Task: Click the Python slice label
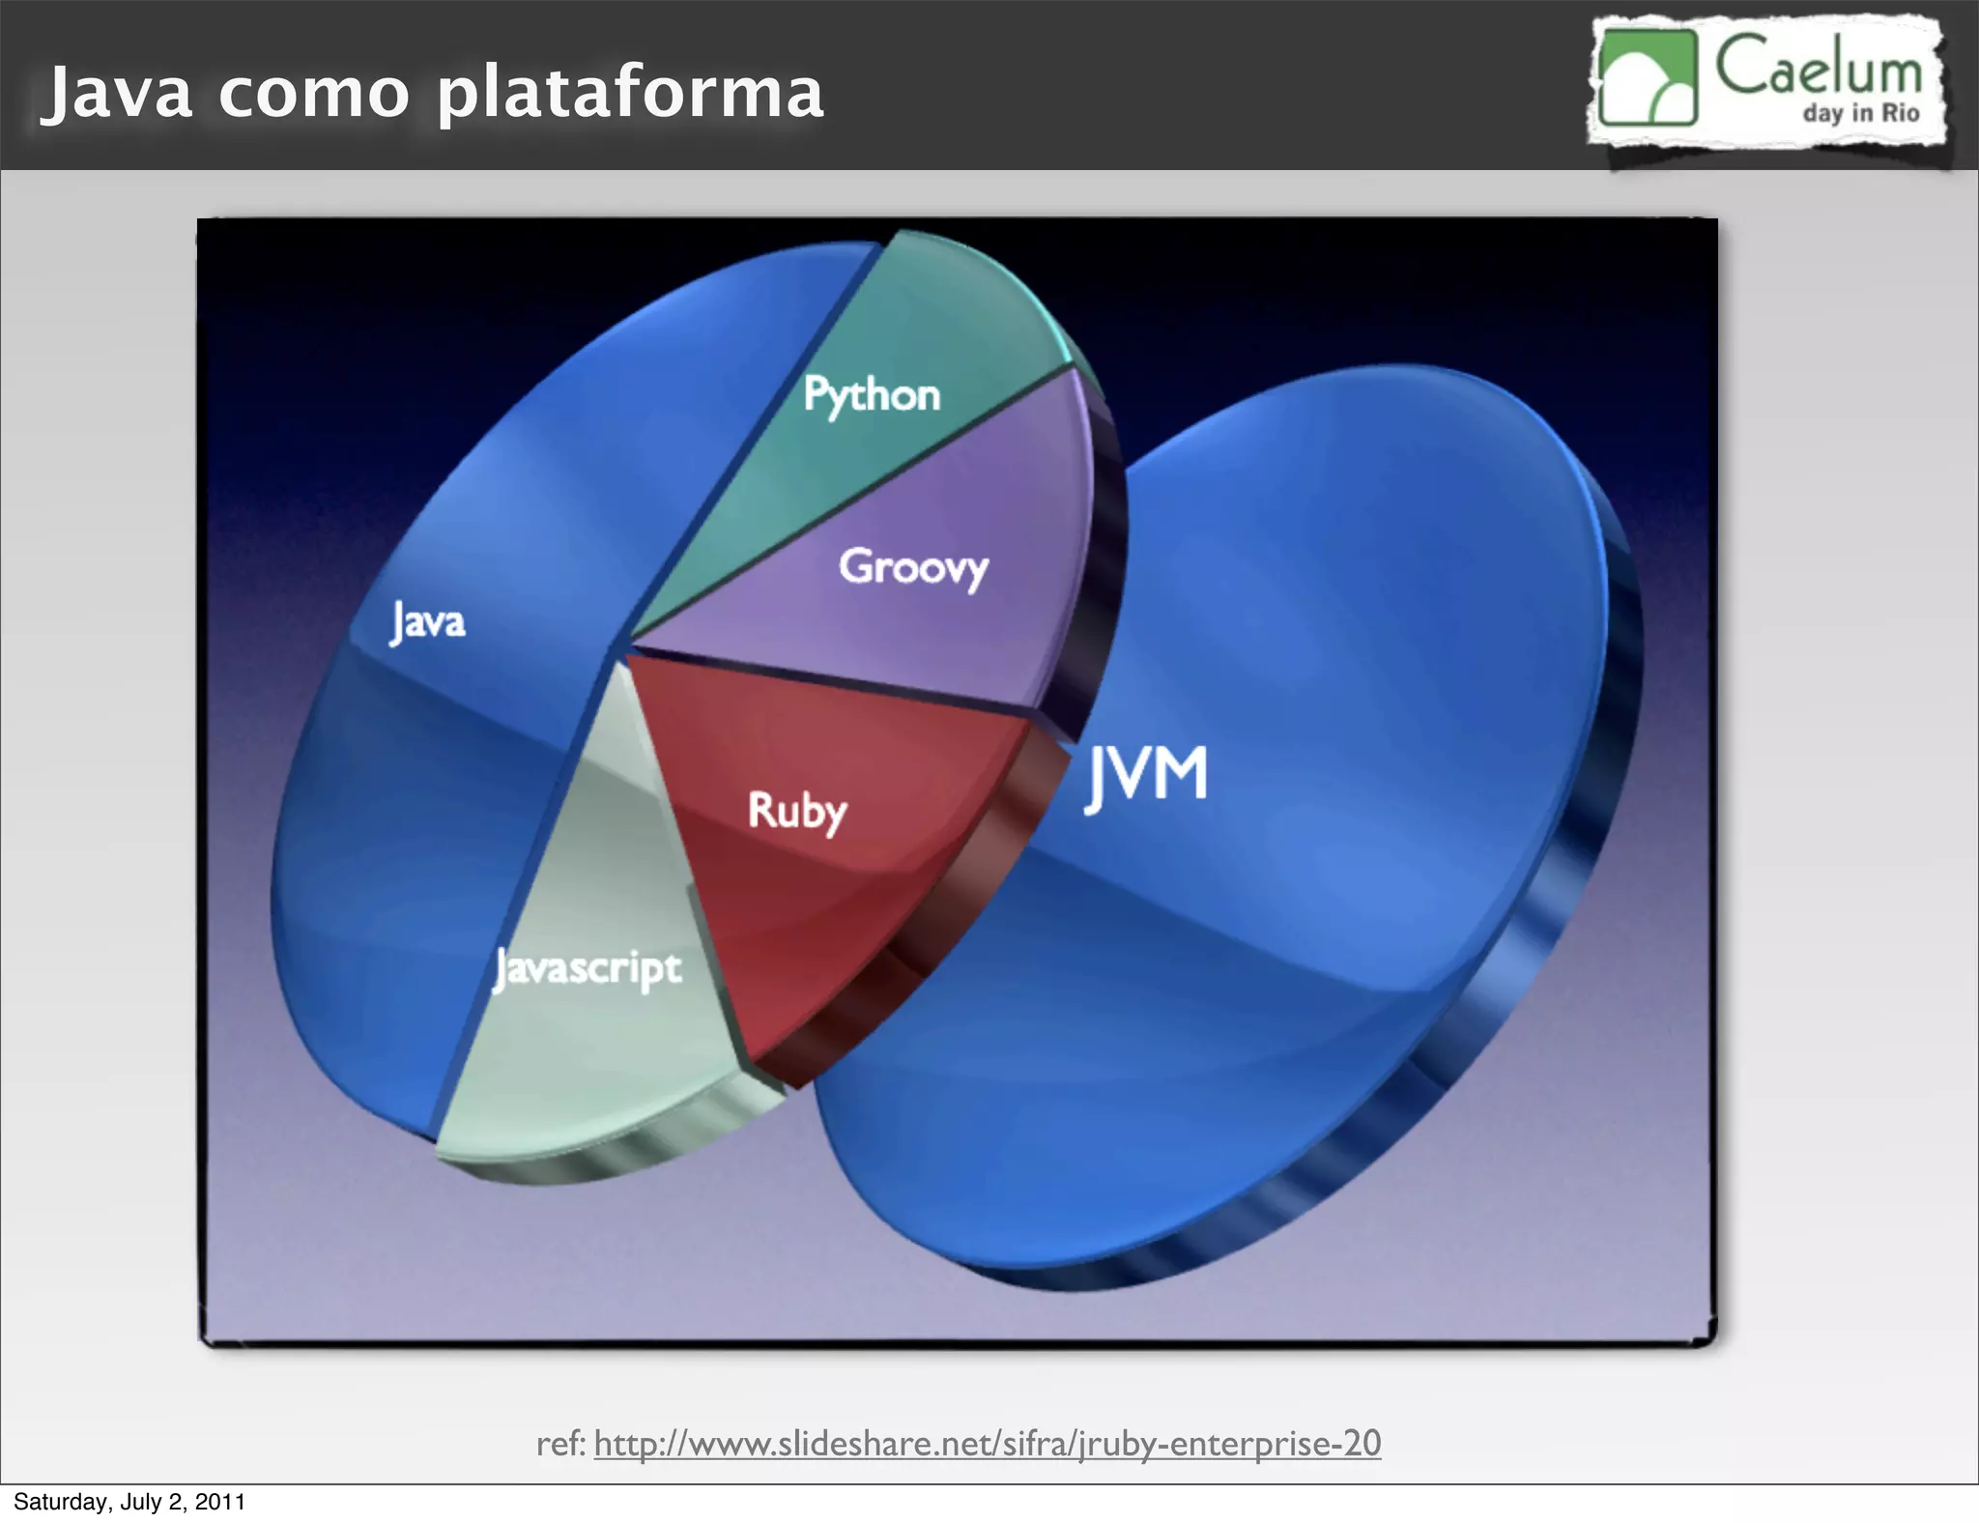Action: (872, 395)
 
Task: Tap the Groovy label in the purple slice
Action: (913, 566)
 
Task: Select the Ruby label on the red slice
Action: (797, 811)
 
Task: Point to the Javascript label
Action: (588, 968)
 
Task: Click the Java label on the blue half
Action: (428, 621)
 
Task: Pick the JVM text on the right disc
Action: (1147, 777)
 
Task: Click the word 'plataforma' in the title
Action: (630, 94)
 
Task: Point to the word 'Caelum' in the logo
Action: (1819, 68)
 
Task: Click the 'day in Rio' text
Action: (1860, 113)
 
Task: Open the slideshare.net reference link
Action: (987, 1443)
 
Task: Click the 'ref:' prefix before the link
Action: (560, 1443)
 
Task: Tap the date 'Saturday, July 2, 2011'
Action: (129, 1502)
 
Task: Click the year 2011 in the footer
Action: (220, 1502)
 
